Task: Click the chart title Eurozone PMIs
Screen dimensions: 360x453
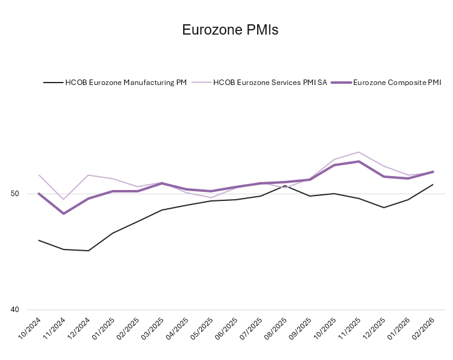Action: (x=230, y=30)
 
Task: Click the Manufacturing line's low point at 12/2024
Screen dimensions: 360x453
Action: (x=88, y=251)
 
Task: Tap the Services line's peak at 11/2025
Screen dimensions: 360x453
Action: (x=359, y=152)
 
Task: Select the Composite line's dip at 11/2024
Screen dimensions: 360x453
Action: (x=64, y=214)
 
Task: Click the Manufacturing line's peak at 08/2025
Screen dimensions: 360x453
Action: (x=285, y=186)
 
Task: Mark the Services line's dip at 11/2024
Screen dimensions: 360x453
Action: (x=64, y=200)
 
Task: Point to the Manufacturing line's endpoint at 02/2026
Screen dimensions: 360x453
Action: (x=433, y=185)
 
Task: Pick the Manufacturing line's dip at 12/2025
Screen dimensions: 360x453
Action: (x=384, y=208)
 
